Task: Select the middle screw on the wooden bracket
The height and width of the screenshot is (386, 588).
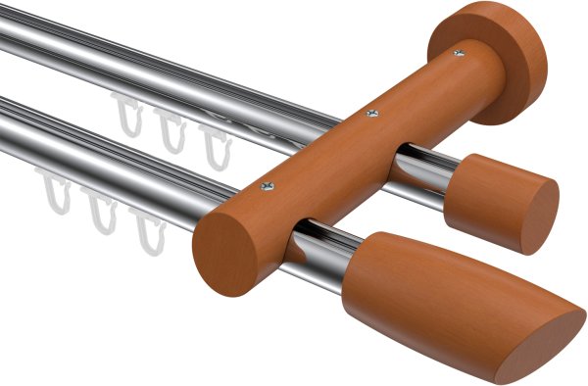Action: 370,115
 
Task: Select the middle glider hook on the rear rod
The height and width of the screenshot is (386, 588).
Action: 171,131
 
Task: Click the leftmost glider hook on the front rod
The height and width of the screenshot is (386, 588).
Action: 55,190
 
